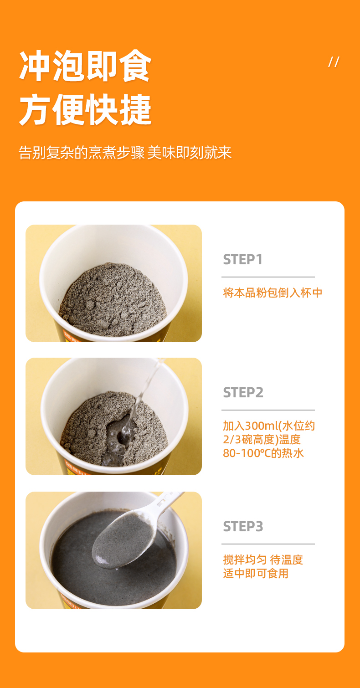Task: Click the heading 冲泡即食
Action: tap(85, 66)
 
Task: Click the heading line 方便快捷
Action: tap(85, 109)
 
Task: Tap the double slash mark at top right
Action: tap(334, 62)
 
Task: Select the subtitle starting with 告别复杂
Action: tap(125, 153)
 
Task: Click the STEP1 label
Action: tap(242, 260)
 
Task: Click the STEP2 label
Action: tap(243, 393)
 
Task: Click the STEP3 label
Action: tap(243, 527)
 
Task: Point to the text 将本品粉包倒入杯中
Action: tap(273, 293)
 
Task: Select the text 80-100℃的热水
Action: tap(263, 453)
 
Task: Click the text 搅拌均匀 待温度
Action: tap(263, 560)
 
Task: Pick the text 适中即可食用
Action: tap(256, 573)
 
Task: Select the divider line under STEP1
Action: tap(268, 277)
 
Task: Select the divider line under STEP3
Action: tap(268, 544)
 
